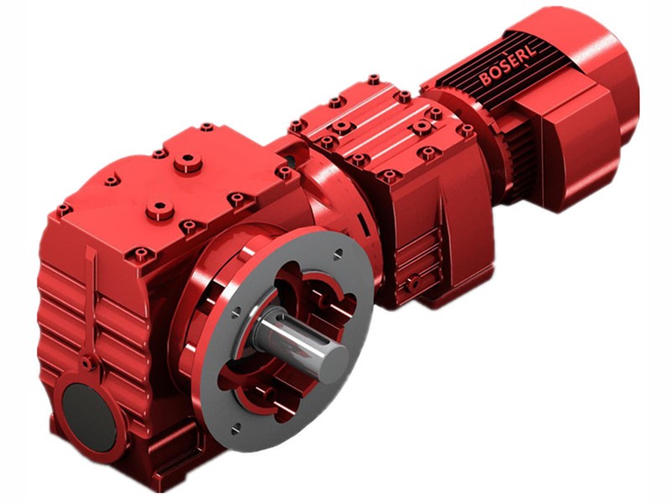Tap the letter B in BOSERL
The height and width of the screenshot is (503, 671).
tap(486, 80)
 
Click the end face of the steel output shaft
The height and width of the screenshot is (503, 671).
tap(330, 356)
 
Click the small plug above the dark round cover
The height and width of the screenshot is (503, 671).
tap(86, 363)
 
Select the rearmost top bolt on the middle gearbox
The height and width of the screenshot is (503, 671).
tap(373, 80)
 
